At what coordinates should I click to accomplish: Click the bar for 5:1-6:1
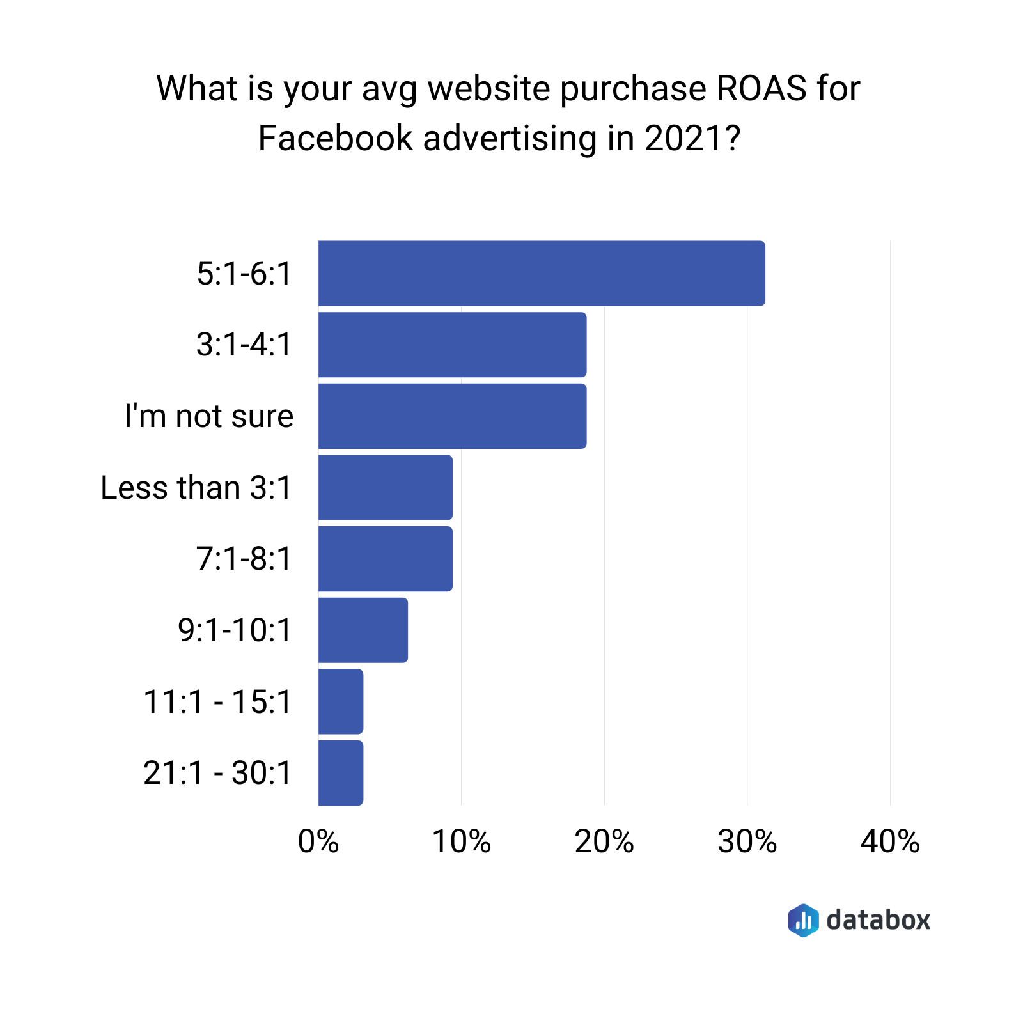(x=542, y=273)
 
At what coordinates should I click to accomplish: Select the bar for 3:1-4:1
(x=452, y=345)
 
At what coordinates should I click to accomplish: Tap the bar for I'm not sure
(x=452, y=416)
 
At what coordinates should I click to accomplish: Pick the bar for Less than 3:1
(x=386, y=487)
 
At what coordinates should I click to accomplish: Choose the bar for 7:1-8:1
(x=386, y=559)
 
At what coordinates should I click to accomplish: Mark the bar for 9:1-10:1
(x=363, y=630)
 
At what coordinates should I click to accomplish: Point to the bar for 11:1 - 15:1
(x=341, y=701)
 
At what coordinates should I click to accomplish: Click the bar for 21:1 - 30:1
(x=341, y=772)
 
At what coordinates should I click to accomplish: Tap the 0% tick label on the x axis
(x=318, y=841)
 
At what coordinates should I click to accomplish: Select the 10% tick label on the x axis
(x=461, y=841)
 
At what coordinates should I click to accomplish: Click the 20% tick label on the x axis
(x=604, y=841)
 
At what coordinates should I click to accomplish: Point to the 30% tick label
(x=747, y=841)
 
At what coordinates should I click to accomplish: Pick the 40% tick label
(x=889, y=841)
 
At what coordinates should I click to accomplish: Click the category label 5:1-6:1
(x=244, y=274)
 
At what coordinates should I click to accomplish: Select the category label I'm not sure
(x=209, y=416)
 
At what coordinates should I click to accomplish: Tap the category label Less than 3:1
(x=196, y=488)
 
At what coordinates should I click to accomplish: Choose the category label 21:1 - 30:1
(x=217, y=773)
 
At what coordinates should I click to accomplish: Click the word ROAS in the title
(x=761, y=88)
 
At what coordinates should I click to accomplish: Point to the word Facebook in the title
(x=335, y=138)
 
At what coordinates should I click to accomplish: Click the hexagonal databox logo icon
(x=803, y=920)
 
